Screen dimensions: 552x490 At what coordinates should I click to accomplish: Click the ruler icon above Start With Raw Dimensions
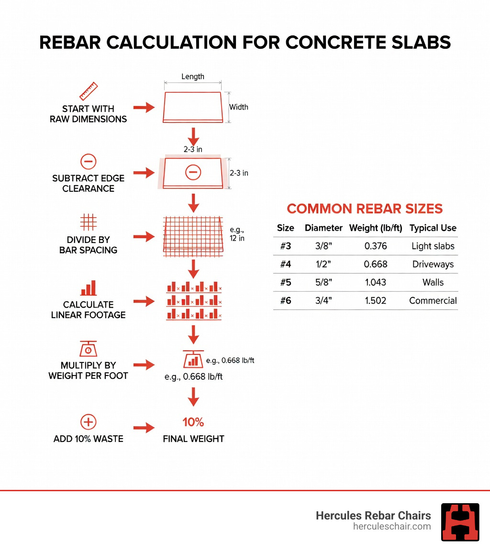(x=88, y=91)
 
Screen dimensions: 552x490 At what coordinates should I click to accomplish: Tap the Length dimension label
(x=193, y=77)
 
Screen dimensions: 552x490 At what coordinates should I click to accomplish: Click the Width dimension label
(x=238, y=107)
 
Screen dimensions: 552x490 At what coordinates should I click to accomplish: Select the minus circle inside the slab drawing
(x=193, y=172)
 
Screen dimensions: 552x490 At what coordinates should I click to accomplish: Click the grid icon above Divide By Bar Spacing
(x=88, y=222)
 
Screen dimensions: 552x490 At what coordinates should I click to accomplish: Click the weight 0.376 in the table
(x=376, y=246)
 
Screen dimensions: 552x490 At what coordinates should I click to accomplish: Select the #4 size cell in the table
(x=286, y=265)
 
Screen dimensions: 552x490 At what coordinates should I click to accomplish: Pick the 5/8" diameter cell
(x=323, y=283)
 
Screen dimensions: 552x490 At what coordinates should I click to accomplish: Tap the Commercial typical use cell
(x=433, y=301)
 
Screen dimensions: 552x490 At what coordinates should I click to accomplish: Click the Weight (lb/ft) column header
(x=376, y=228)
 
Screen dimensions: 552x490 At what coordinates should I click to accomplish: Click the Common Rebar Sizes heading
(x=365, y=209)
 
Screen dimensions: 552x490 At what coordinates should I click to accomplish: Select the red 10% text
(x=193, y=422)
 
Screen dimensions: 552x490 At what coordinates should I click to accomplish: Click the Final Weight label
(x=193, y=439)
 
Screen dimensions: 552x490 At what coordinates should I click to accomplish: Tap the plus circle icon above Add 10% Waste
(x=88, y=422)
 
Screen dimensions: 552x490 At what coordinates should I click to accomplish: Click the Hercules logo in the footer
(x=460, y=522)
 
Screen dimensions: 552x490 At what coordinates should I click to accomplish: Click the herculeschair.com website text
(x=392, y=527)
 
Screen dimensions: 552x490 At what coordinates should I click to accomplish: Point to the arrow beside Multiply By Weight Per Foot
(x=144, y=365)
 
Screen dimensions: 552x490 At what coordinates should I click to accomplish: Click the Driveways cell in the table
(x=433, y=265)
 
